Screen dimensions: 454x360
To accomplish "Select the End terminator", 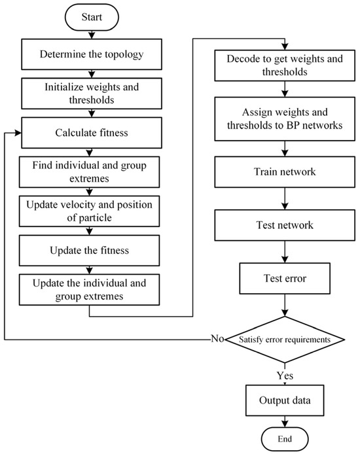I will (285, 437).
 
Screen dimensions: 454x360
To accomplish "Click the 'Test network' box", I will (284, 226).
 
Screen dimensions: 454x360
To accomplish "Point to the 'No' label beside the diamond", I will (217, 340).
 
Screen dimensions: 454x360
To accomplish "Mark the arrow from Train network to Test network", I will (284, 200).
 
